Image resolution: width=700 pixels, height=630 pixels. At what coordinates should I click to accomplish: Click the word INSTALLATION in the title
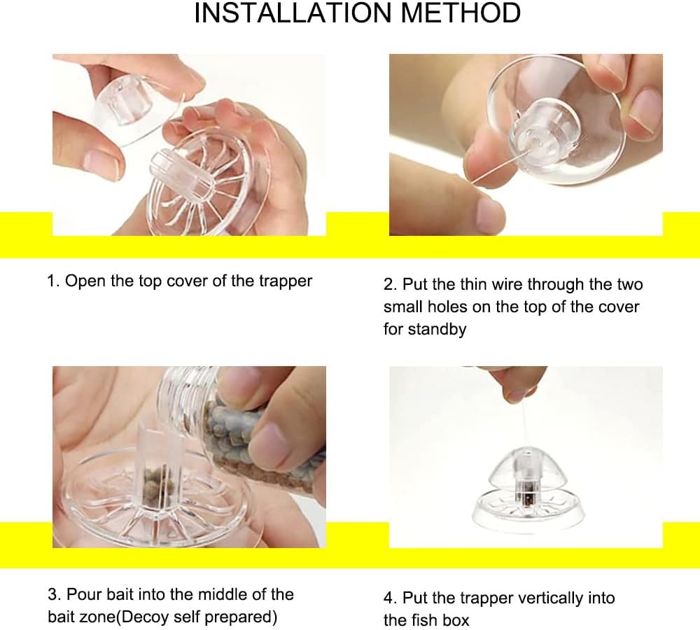coord(293,13)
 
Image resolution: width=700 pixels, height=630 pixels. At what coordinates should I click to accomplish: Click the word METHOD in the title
coord(461,13)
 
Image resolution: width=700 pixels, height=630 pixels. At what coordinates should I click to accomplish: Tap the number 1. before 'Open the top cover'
coord(53,281)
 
